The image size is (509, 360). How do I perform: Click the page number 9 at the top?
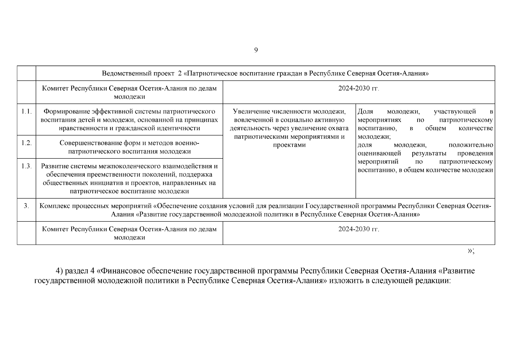pos(256,50)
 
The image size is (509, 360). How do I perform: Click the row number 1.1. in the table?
pos(26,112)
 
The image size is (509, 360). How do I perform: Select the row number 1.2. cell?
pos(26,143)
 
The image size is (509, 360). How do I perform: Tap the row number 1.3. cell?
pos(26,166)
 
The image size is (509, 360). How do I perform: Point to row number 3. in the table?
pos(26,206)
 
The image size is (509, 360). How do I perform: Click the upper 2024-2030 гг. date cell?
pos(359,88)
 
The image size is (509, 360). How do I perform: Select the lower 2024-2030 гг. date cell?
pos(359,229)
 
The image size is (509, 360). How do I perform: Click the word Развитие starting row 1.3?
pos(53,166)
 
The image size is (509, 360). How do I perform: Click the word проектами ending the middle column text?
pos(289,145)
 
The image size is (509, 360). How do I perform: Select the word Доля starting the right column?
pos(365,112)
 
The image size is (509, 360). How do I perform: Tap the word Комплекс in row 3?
pos(53,206)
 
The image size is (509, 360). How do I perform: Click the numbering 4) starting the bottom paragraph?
pos(59,271)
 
